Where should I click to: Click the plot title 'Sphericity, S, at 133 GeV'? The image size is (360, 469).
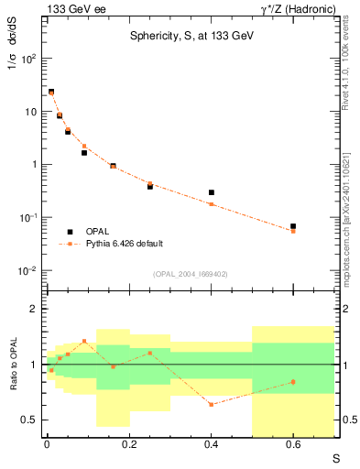(191, 35)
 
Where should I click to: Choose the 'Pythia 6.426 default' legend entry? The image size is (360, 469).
(123, 244)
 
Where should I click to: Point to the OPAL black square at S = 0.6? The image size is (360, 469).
(293, 225)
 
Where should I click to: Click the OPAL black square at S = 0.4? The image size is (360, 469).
(211, 192)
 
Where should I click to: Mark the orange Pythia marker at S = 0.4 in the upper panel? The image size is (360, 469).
(211, 204)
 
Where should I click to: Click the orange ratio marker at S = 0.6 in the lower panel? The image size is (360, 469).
(293, 382)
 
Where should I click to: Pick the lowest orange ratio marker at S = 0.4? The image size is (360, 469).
(211, 404)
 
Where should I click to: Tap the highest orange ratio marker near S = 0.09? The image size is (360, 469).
(84, 341)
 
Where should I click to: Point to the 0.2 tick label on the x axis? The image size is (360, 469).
(128, 444)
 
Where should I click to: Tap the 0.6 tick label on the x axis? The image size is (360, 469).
(293, 444)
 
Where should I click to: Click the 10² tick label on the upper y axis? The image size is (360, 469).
(28, 59)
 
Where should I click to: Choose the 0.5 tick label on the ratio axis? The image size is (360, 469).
(29, 420)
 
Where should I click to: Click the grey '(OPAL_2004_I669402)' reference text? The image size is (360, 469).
(190, 272)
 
